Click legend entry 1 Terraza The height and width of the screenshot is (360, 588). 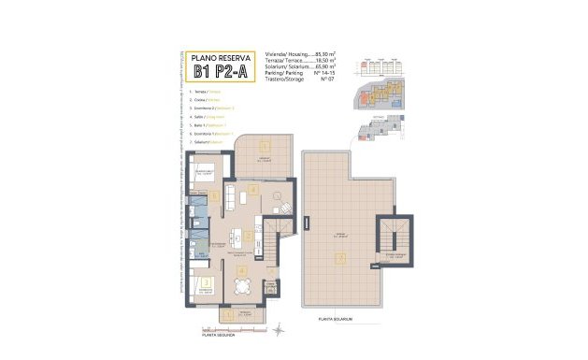coord(208,92)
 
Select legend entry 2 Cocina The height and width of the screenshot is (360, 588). coord(208,100)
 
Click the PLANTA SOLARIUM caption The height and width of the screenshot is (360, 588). coord(336,320)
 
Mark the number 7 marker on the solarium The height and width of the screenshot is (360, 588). coord(341,257)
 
